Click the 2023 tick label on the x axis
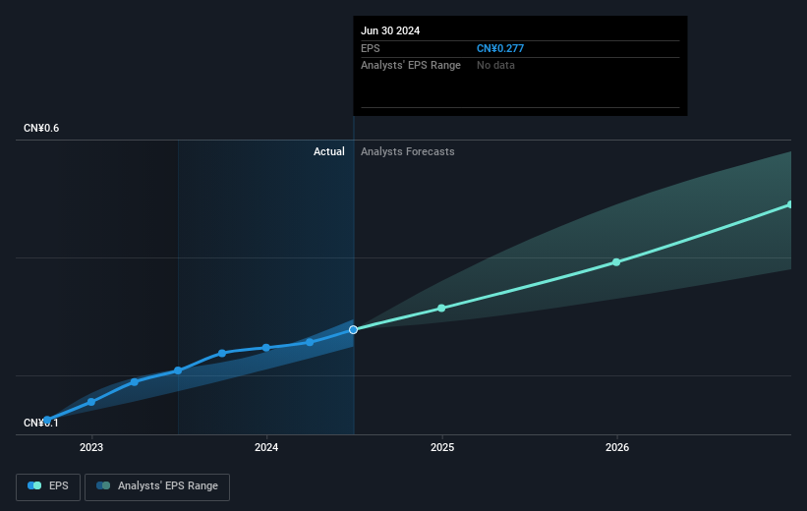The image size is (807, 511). click(x=91, y=448)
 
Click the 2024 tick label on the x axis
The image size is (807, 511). click(x=266, y=448)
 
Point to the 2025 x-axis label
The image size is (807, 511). click(x=441, y=448)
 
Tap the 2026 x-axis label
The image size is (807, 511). click(x=617, y=448)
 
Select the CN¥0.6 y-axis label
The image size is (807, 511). click(x=41, y=129)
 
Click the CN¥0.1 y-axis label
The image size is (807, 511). click(x=41, y=423)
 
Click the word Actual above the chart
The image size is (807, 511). click(x=329, y=151)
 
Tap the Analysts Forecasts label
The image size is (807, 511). click(x=408, y=151)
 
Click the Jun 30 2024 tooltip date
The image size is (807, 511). click(x=390, y=30)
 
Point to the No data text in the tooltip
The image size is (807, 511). click(x=495, y=65)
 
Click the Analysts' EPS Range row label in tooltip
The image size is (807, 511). click(x=411, y=65)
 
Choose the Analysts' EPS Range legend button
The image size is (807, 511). click(x=157, y=485)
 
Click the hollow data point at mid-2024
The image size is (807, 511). click(x=353, y=329)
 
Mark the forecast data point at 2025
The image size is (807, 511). click(x=441, y=308)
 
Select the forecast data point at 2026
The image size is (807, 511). click(x=616, y=261)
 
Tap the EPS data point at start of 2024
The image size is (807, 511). click(x=266, y=347)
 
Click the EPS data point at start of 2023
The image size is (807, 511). click(x=91, y=401)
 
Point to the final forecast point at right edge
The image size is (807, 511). click(x=790, y=204)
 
